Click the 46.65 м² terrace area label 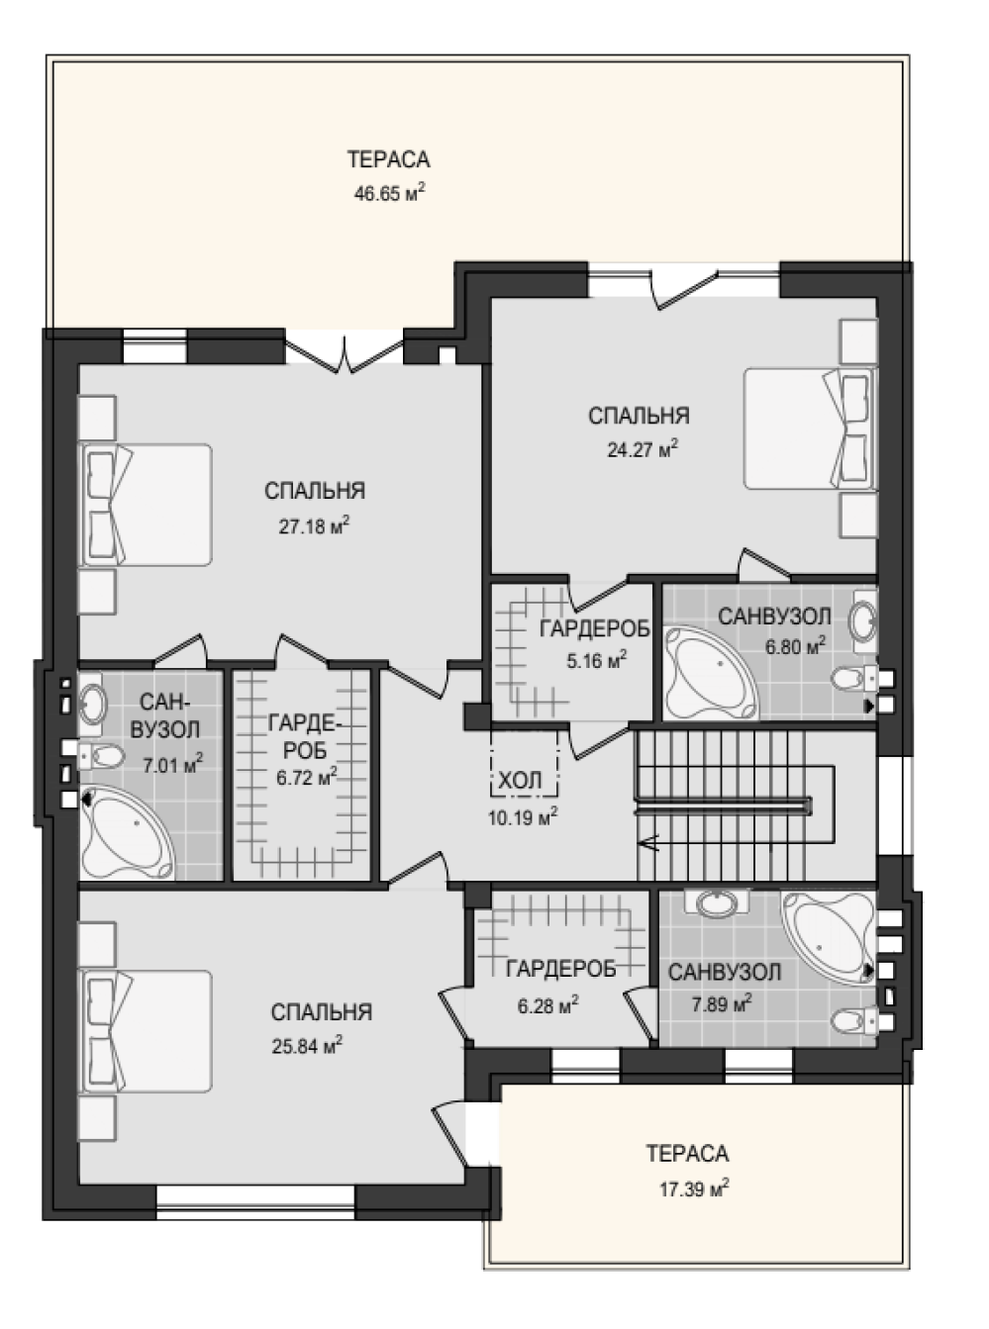coord(390,194)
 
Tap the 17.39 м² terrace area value coord(695,1188)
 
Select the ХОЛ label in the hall coord(520,781)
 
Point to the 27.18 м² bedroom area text coord(314,525)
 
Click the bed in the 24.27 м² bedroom coord(810,428)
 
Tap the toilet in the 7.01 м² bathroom coord(101,756)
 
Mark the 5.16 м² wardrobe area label coord(596,660)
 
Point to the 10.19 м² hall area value coord(523,816)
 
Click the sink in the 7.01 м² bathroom coord(92,704)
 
